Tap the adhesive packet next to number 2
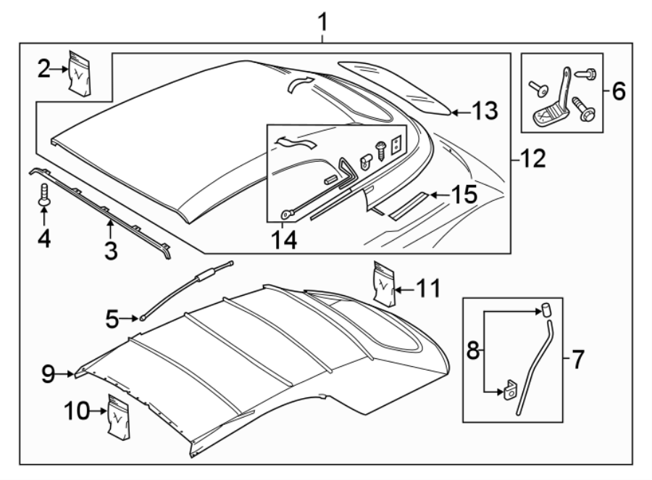80,72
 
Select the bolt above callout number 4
44,194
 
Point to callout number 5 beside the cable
111,316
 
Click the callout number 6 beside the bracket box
617,91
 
